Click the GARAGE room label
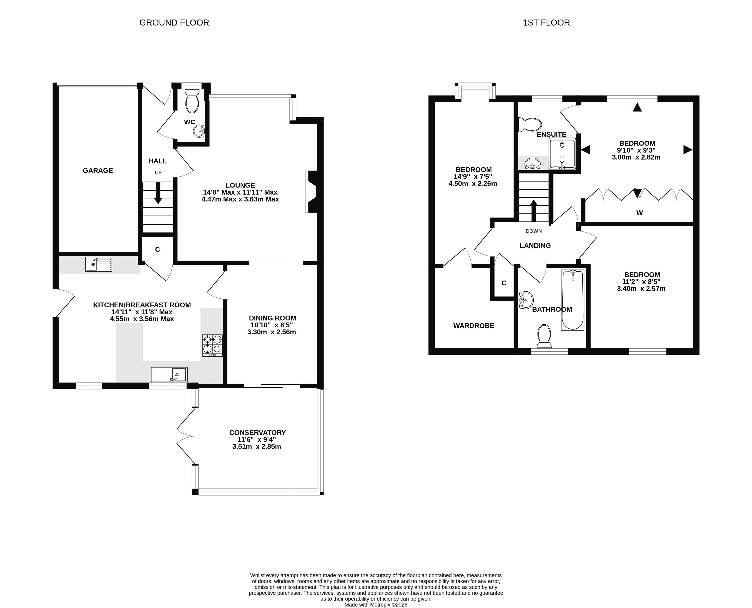click(98, 171)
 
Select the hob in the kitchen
click(212, 346)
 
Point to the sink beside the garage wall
click(99, 264)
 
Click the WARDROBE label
click(474, 326)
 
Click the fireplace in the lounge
click(311, 192)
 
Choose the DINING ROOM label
click(272, 318)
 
